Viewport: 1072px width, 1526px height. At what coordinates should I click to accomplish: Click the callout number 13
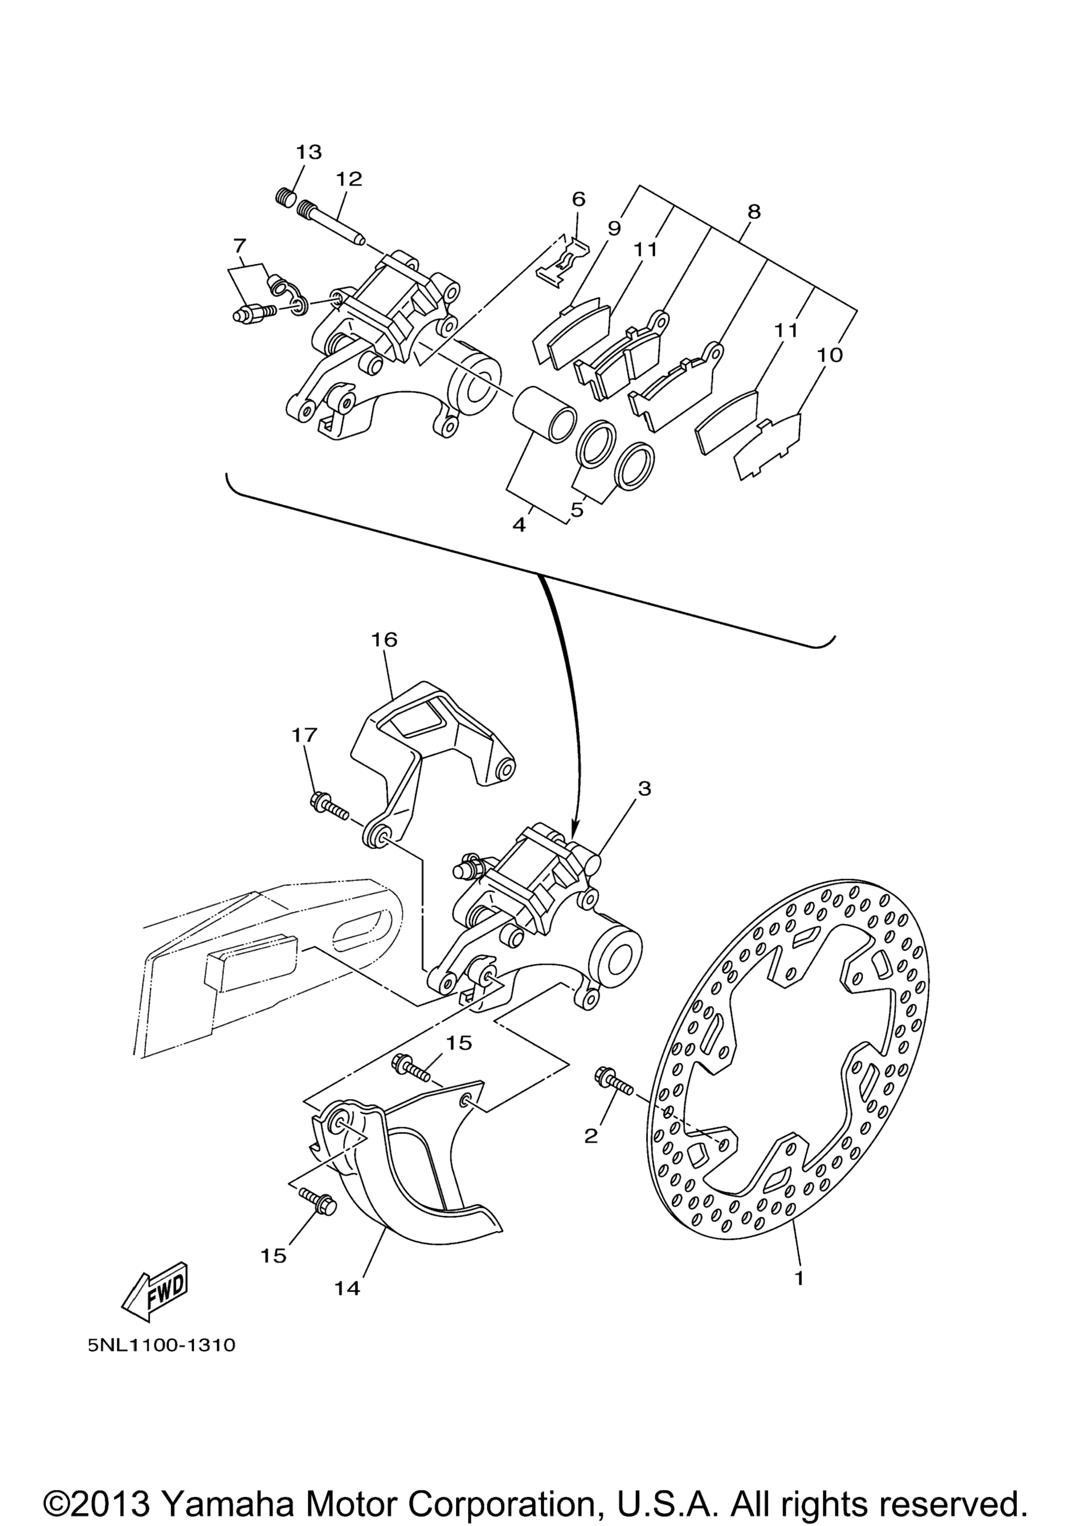click(309, 152)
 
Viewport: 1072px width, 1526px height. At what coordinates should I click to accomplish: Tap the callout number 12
click(349, 179)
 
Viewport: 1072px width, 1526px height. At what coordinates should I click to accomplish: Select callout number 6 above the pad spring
click(579, 199)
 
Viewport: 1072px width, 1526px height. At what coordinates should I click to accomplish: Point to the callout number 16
click(384, 639)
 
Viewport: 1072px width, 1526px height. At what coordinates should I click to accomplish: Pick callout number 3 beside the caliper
click(644, 789)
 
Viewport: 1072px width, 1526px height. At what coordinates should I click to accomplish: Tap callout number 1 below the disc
click(799, 1278)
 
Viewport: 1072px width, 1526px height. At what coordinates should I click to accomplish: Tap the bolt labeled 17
click(329, 807)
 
